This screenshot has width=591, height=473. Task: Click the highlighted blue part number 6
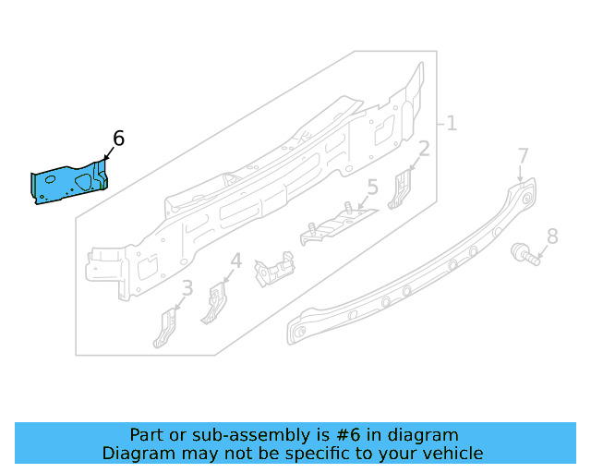69,183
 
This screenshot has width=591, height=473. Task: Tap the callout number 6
118,139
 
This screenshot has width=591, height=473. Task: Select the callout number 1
452,123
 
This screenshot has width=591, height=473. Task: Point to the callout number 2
424,150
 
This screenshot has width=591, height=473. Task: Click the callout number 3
187,289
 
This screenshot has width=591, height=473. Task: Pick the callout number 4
236,261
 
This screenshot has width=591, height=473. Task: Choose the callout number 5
372,188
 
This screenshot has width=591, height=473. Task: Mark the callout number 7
523,155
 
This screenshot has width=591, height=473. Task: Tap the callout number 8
552,236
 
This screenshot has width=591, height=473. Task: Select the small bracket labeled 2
402,188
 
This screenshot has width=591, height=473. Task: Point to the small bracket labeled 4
215,303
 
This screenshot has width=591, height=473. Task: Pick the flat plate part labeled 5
338,224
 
